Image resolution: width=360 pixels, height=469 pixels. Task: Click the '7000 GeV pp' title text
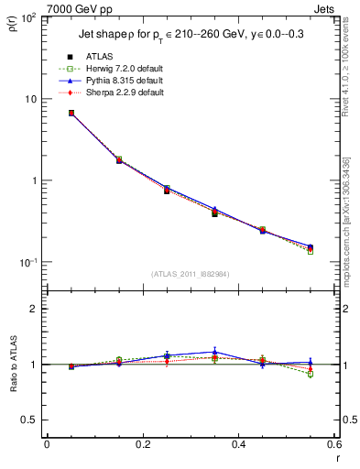41,7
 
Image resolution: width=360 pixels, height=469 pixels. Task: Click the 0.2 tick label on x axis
142,445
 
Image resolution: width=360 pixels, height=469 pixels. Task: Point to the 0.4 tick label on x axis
238,445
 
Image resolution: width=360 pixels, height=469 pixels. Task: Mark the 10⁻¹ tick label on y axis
28,262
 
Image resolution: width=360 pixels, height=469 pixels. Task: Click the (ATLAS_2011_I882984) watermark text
191,274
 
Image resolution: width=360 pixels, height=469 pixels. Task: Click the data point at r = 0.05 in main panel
46,114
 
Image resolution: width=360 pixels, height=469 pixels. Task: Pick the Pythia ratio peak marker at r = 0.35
214,352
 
